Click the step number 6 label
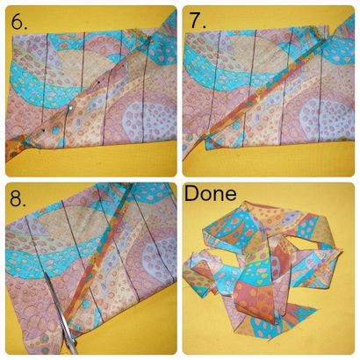(x=19, y=21)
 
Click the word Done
(x=211, y=193)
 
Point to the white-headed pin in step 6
(x=70, y=108)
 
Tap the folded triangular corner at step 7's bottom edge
(x=212, y=142)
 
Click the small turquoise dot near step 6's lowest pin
(x=55, y=131)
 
